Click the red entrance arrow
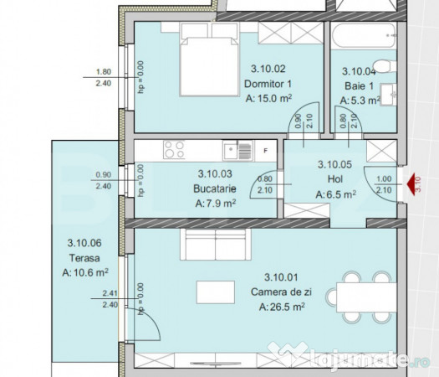point(411,184)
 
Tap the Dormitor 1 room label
point(268,84)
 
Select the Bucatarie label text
point(215,188)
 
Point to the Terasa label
point(84,258)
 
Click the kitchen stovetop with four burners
point(174,149)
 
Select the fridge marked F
point(265,151)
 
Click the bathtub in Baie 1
point(363,36)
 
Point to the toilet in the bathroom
point(385,66)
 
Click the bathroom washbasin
point(388,95)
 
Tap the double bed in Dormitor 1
point(209,59)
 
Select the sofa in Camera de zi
point(216,245)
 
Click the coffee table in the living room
point(216,292)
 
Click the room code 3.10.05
point(334,164)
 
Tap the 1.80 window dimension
point(104,72)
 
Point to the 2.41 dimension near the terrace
point(110,293)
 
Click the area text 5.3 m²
point(360,101)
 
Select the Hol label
point(335,179)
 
